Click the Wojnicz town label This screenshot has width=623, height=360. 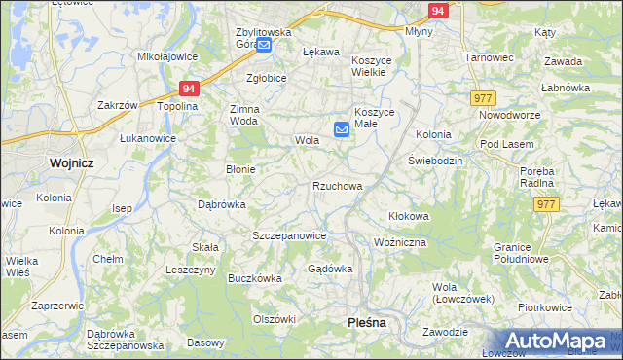tap(70, 162)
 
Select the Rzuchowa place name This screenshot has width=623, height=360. tap(337, 186)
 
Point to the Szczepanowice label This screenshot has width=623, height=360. tap(288, 236)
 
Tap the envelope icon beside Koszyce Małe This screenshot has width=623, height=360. tap(342, 128)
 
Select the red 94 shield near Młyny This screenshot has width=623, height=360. tap(438, 11)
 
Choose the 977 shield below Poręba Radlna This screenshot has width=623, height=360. tap(546, 203)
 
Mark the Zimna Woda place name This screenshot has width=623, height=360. tap(244, 115)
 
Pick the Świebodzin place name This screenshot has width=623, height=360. tap(435, 160)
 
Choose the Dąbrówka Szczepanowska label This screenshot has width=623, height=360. tap(124, 339)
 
